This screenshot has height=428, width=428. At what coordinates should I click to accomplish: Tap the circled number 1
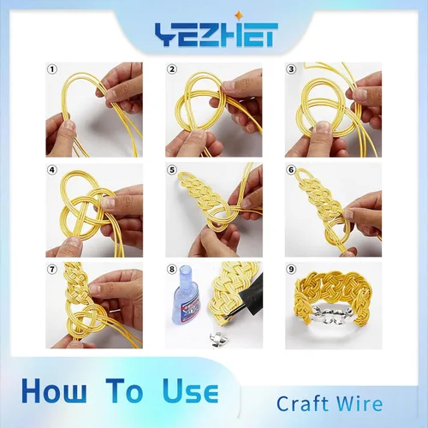[x=52, y=69]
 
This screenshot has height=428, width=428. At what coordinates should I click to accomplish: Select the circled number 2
[x=172, y=69]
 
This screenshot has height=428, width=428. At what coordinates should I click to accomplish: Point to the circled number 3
[x=291, y=69]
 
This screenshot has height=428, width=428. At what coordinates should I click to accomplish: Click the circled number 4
[x=52, y=170]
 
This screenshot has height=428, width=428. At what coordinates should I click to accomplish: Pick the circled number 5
[x=172, y=170]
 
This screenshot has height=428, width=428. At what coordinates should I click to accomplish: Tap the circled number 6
[x=291, y=170]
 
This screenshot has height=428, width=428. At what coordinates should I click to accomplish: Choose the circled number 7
[x=52, y=270]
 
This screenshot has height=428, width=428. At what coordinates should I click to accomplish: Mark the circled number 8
[x=172, y=270]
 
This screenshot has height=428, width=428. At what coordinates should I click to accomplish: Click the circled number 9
[x=291, y=270]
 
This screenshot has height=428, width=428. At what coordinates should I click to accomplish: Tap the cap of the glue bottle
[x=187, y=273]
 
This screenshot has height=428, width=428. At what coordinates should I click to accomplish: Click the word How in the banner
[x=54, y=390]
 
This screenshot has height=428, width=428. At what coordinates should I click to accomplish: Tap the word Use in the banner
[x=191, y=390]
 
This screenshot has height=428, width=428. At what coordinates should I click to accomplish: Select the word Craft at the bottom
[x=302, y=403]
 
